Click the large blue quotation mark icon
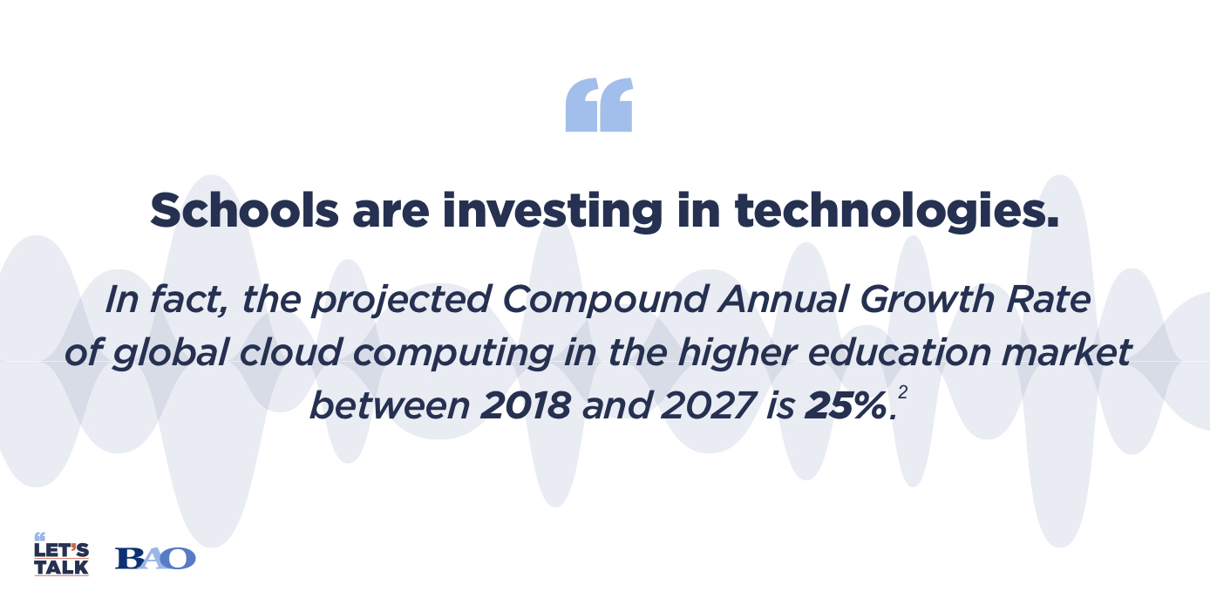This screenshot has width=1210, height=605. pyautogui.click(x=599, y=105)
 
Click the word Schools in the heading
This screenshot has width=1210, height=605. pyautogui.click(x=244, y=210)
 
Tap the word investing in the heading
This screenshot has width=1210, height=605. pyautogui.click(x=553, y=211)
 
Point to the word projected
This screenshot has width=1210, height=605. pyautogui.click(x=401, y=300)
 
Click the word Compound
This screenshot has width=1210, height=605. pyautogui.click(x=605, y=300)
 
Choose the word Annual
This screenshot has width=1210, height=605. pyautogui.click(x=783, y=299)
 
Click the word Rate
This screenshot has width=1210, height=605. pyautogui.click(x=1048, y=299)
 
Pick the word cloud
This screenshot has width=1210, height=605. pyautogui.click(x=290, y=352)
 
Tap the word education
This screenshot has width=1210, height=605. pyautogui.click(x=899, y=352)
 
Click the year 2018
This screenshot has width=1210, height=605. pyautogui.click(x=525, y=405)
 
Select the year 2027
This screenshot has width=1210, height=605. pyautogui.click(x=708, y=405)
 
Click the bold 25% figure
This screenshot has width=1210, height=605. pyautogui.click(x=846, y=405)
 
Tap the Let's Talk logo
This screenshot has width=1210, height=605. pyautogui.click(x=61, y=554)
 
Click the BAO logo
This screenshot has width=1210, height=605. pyautogui.click(x=155, y=559)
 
